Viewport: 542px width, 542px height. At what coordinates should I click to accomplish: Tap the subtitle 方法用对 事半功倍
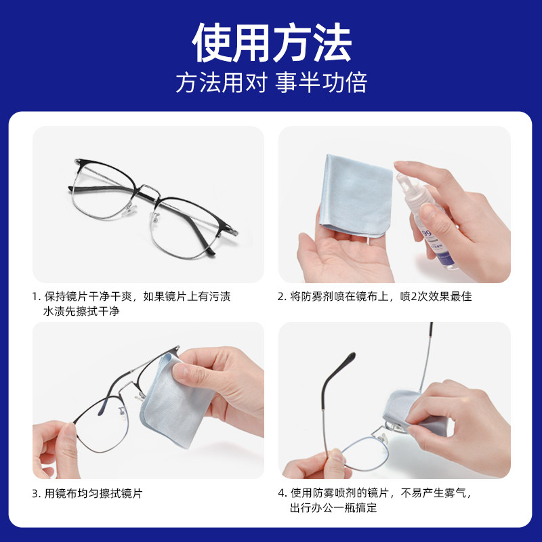271,83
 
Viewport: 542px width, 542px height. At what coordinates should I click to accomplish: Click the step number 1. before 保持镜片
37,297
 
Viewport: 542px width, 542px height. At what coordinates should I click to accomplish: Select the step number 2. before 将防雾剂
283,297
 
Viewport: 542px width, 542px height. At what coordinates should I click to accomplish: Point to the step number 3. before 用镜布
37,493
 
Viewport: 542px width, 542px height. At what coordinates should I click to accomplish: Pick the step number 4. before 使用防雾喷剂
283,493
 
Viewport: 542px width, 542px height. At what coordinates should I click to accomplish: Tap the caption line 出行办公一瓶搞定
333,508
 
